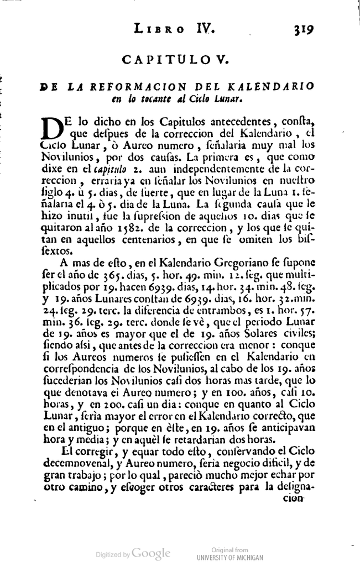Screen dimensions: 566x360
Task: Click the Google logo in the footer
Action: point(151,553)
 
